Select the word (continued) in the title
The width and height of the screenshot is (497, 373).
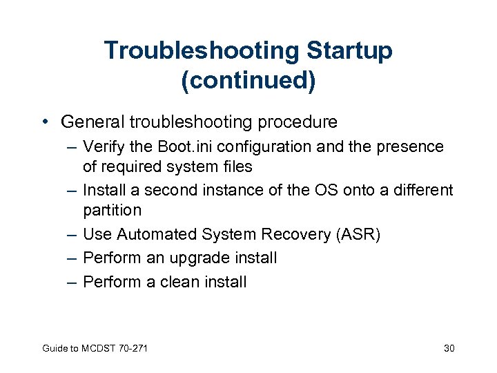(x=248, y=80)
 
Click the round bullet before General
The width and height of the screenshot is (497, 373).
(x=46, y=123)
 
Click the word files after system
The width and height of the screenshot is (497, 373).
(x=233, y=166)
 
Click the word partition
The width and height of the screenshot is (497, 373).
(x=112, y=209)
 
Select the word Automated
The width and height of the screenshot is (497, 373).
(x=156, y=235)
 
